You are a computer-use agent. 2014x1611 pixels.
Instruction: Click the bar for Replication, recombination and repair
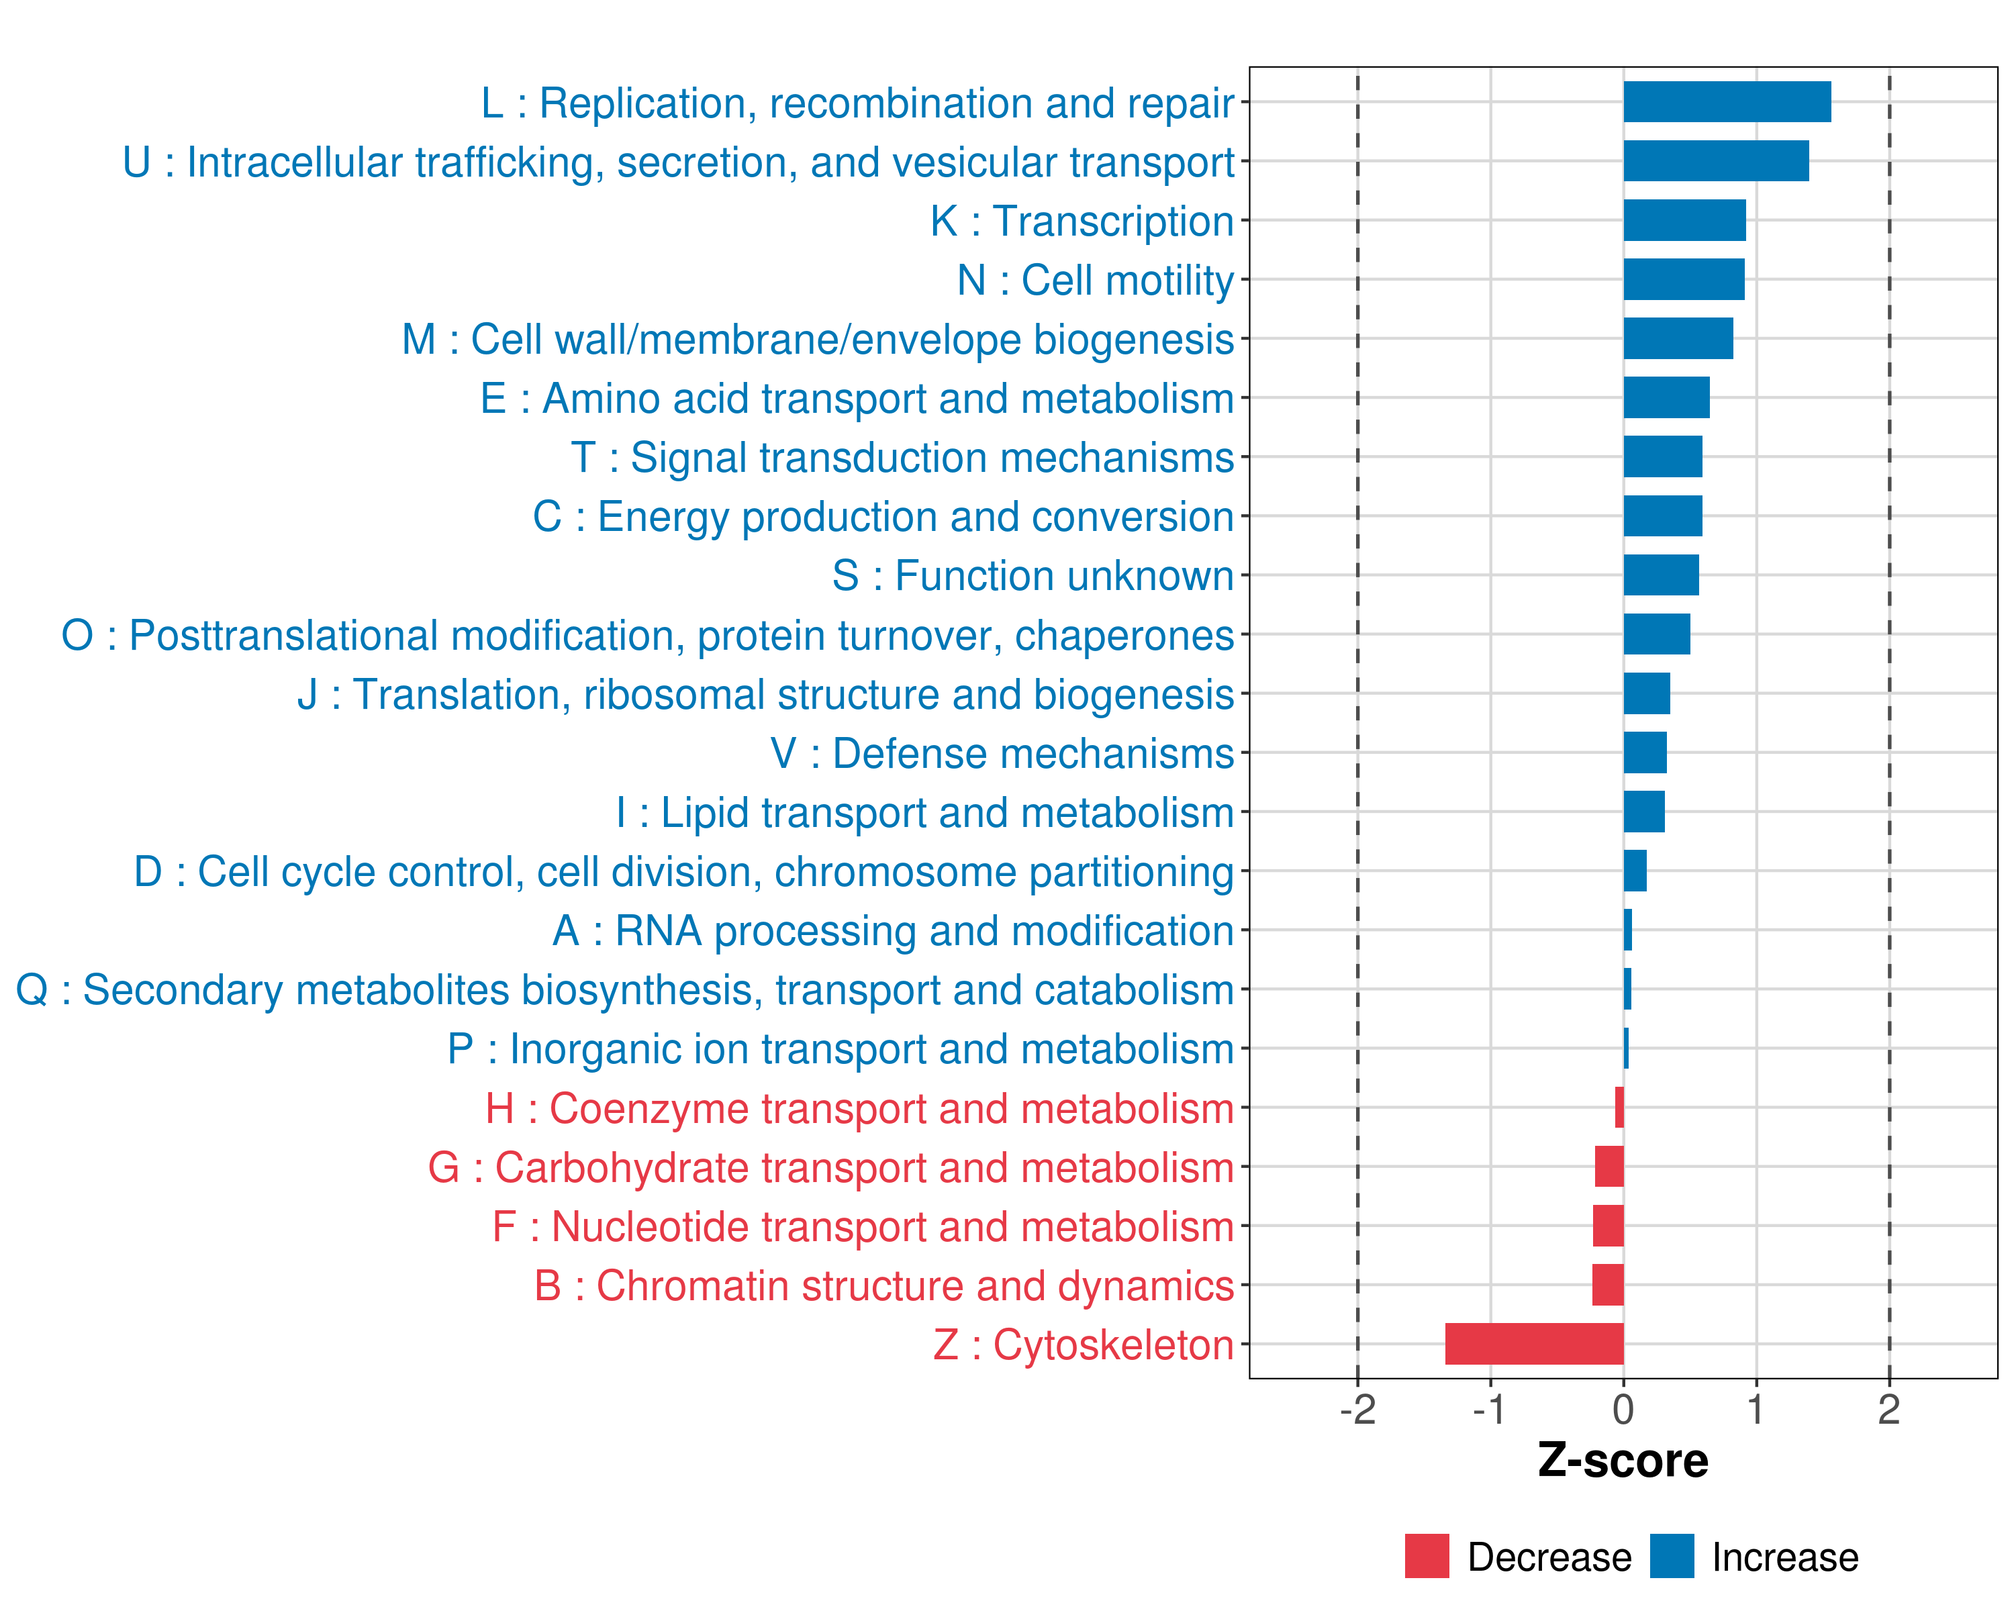(x=1726, y=102)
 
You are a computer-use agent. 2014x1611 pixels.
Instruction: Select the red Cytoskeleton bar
(x=1534, y=1344)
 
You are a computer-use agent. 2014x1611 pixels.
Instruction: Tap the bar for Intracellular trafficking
(x=1715, y=160)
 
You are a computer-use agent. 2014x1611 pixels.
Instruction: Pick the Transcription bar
(x=1684, y=220)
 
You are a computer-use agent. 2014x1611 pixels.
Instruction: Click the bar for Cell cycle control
(x=1635, y=871)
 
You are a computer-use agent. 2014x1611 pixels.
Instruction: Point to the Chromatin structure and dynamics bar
(x=1608, y=1284)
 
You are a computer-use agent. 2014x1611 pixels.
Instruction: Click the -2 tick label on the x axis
(x=1357, y=1410)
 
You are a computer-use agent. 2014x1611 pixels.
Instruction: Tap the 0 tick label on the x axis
(x=1623, y=1410)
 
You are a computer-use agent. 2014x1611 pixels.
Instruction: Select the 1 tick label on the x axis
(x=1756, y=1410)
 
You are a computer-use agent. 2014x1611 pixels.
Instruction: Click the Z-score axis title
(x=1623, y=1461)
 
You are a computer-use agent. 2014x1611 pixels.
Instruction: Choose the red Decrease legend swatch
(x=1427, y=1556)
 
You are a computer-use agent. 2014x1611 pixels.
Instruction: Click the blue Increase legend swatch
(x=1671, y=1556)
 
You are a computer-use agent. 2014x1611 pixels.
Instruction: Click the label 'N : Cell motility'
(x=1095, y=280)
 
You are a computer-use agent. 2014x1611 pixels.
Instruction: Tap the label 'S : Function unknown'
(x=1033, y=576)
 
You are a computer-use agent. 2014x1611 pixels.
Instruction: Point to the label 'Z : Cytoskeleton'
(x=1083, y=1345)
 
